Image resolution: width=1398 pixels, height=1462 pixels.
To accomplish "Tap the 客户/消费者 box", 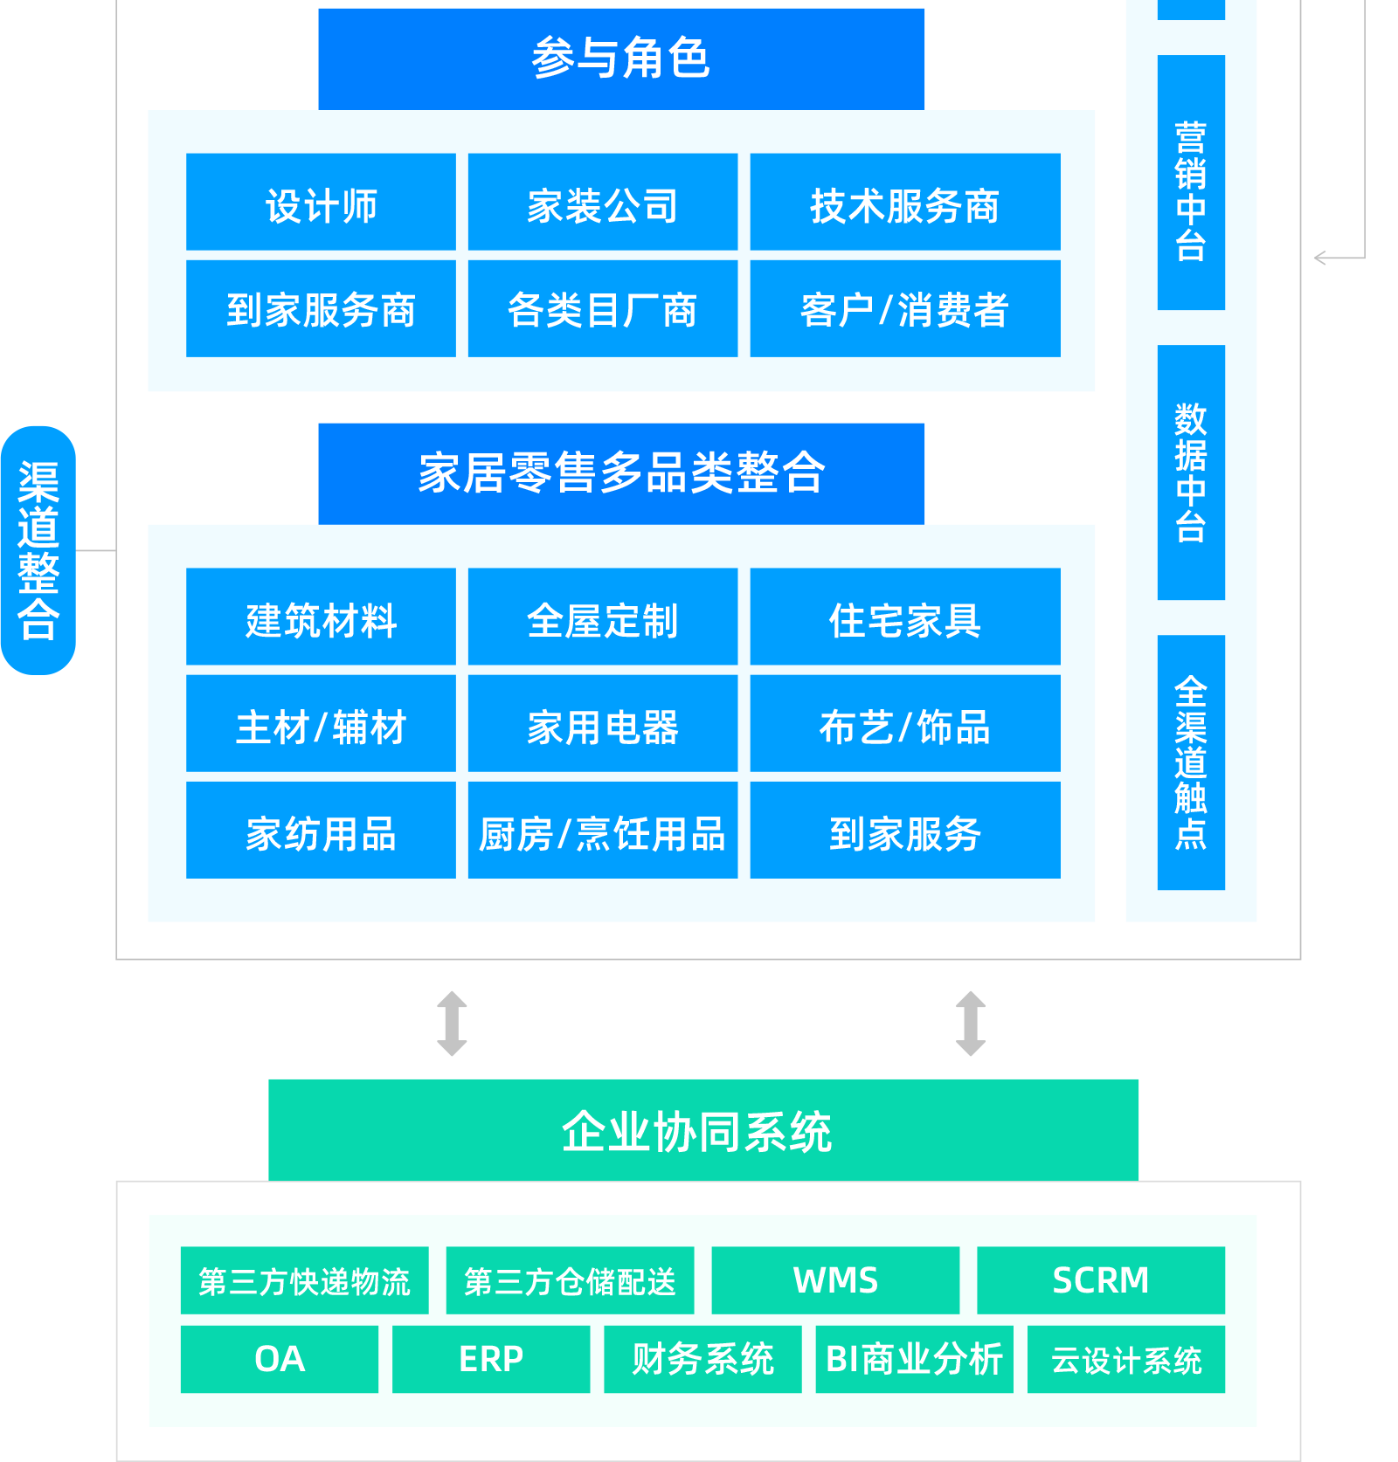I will [x=905, y=308].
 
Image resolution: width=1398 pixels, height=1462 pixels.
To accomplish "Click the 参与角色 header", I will [x=621, y=59].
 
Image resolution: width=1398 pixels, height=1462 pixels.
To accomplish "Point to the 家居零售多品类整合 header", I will [x=621, y=473].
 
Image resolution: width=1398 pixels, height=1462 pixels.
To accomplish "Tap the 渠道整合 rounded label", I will [x=38, y=550].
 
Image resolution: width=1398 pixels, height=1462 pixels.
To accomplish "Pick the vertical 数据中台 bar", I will [x=1191, y=472].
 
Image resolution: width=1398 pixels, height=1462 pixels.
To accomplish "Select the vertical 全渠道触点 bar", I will [x=1191, y=762].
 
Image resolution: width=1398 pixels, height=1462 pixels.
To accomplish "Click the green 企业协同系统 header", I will [x=703, y=1129].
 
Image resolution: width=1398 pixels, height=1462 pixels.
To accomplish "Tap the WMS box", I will [x=835, y=1280].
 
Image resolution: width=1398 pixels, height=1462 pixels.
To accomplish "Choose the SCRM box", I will [x=1101, y=1280].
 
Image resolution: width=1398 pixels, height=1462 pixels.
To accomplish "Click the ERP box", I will [x=491, y=1359].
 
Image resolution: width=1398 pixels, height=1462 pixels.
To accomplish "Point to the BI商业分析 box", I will [x=914, y=1359].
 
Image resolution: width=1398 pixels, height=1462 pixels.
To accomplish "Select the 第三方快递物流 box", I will [x=304, y=1280].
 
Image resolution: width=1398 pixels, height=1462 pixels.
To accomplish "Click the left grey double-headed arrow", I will [x=452, y=1024].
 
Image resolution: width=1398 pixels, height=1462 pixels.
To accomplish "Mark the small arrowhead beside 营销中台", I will [x=1320, y=258].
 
